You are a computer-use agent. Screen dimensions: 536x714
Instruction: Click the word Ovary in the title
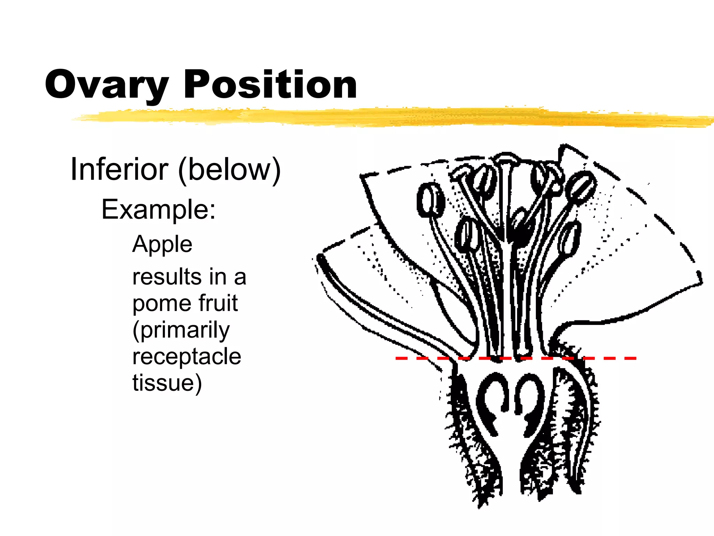pyautogui.click(x=106, y=85)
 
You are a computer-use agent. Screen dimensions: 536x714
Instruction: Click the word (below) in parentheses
pyautogui.click(x=229, y=170)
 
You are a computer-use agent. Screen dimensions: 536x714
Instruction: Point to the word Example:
pyautogui.click(x=159, y=209)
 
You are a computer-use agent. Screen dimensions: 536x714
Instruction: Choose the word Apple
pyautogui.click(x=162, y=244)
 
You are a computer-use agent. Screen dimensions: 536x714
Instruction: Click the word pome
pyautogui.click(x=160, y=304)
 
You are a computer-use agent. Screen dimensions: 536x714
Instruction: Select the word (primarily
pyautogui.click(x=181, y=330)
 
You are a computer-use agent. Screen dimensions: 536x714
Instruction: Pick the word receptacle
pyautogui.click(x=187, y=357)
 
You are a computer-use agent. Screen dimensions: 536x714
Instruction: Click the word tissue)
pyautogui.click(x=167, y=383)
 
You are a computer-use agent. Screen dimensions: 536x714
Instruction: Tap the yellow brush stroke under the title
pyautogui.click(x=383, y=117)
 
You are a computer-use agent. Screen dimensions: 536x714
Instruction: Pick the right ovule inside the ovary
pyautogui.click(x=530, y=401)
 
